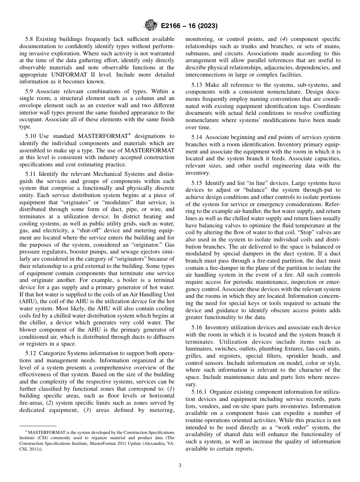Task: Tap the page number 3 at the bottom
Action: pos(180,466)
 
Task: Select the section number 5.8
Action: pos(30,39)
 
